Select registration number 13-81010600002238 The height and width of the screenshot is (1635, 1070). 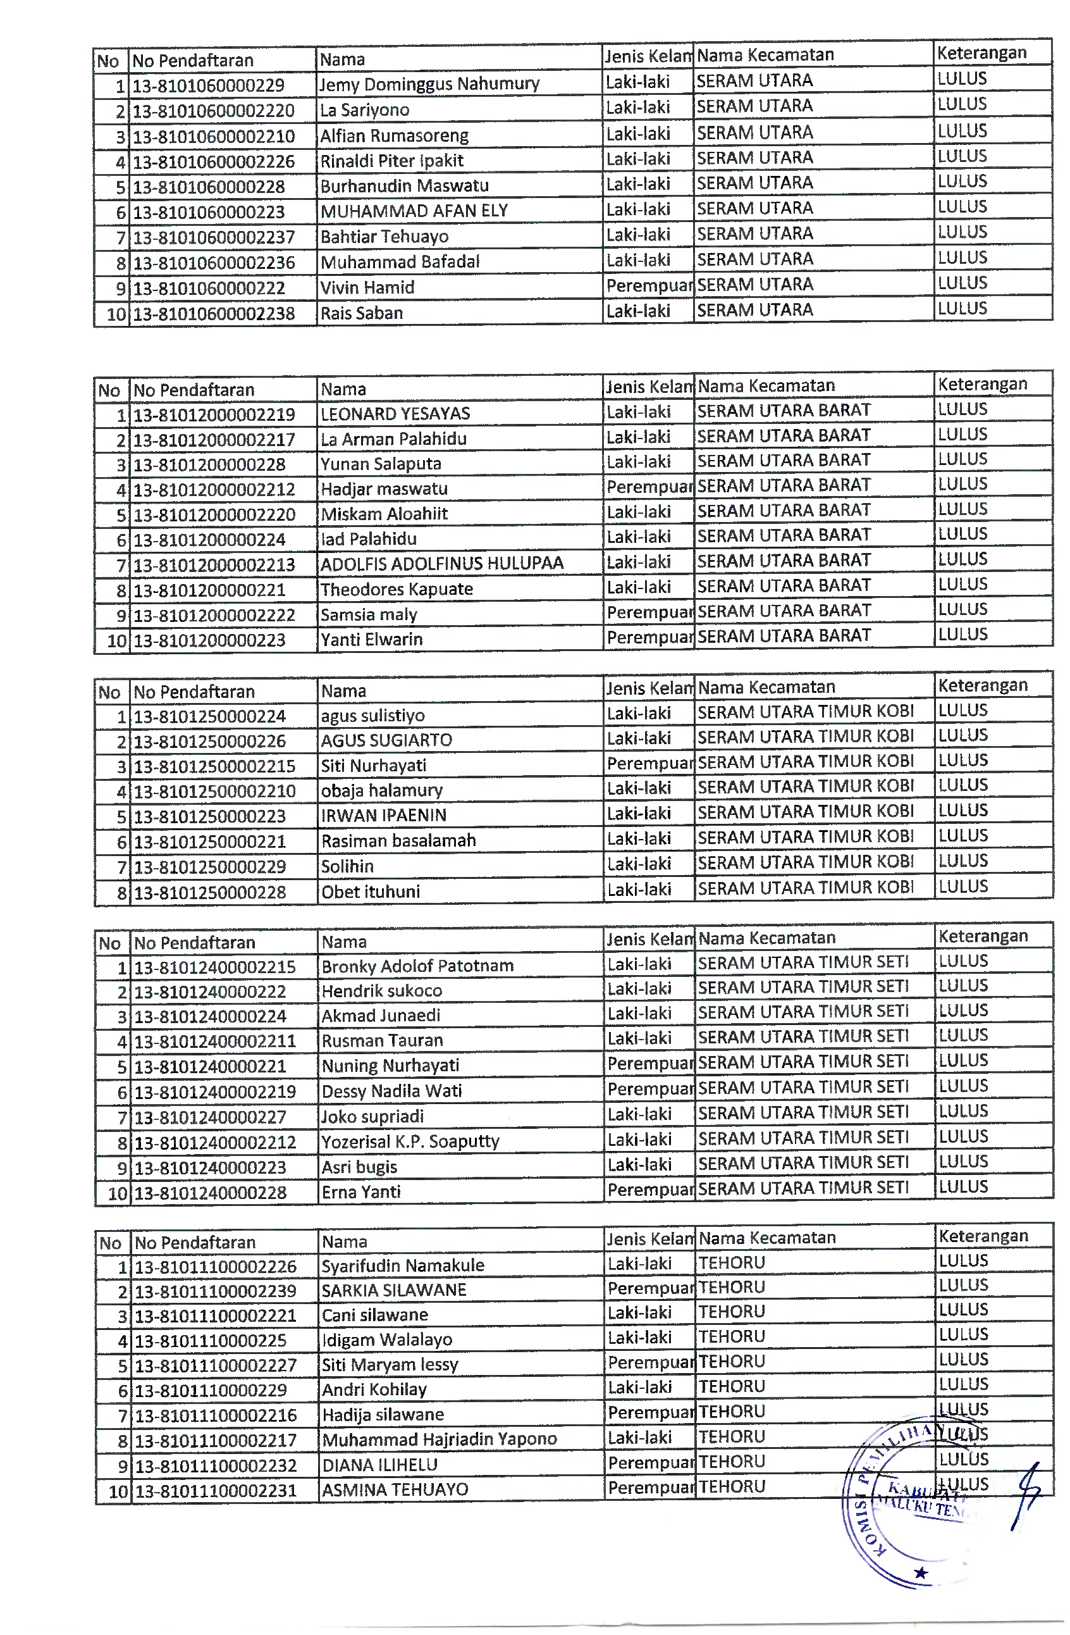214,314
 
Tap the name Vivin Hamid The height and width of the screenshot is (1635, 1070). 367,288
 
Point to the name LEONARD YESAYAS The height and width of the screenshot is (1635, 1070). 395,414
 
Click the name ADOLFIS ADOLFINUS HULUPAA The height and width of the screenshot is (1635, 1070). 441,564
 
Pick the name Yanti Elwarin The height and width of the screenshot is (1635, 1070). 372,640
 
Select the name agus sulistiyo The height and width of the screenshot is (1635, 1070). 373,716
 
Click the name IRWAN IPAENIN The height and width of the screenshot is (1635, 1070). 384,816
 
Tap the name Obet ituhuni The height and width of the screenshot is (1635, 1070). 371,892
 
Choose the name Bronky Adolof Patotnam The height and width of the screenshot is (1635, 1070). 417,966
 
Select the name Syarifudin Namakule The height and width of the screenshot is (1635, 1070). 403,1265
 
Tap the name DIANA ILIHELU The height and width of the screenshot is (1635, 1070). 380,1465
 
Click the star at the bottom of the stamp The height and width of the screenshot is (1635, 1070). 921,1572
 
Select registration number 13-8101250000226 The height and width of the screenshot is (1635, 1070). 209,741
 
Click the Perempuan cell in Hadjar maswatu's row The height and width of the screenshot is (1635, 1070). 649,487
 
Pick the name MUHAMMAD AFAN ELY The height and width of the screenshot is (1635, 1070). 414,211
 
